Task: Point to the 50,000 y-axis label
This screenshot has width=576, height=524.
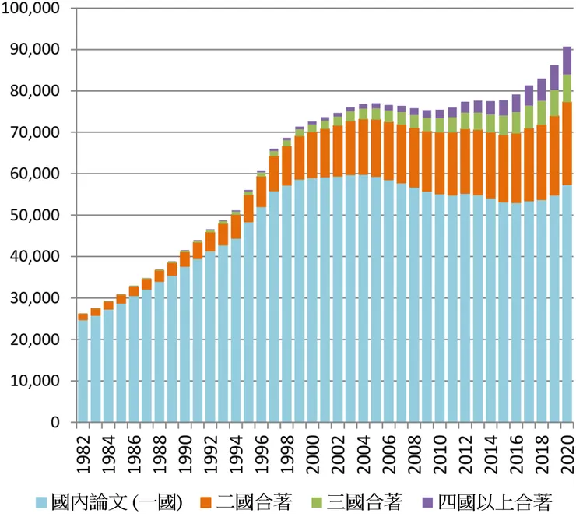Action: pos(35,216)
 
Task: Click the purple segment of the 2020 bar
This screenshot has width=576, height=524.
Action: pos(567,60)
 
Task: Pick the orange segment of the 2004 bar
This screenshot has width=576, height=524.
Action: pos(363,147)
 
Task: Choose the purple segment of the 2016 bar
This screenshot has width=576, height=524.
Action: pos(515,104)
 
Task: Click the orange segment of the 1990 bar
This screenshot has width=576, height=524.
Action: pos(184,259)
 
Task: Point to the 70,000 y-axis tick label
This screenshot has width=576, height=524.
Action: pos(35,133)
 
